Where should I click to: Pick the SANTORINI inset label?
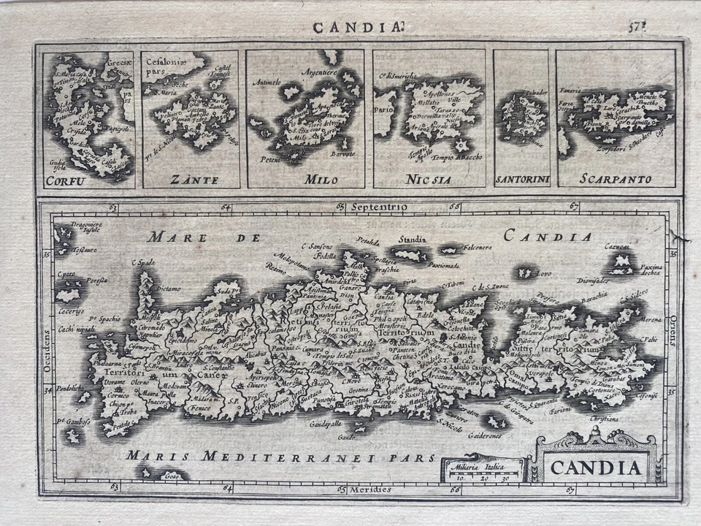coord(521,179)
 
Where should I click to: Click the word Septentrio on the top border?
coord(379,207)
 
